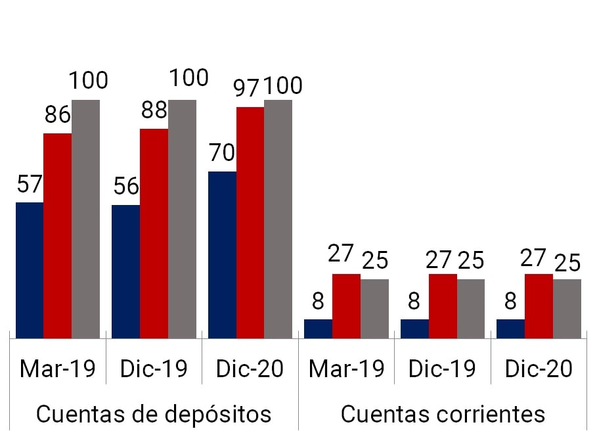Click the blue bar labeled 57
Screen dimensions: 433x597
point(30,270)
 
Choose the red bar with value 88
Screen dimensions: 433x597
point(154,233)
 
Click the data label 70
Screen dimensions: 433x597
point(222,153)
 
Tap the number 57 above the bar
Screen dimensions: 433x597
point(30,184)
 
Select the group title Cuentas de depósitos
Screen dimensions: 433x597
point(154,414)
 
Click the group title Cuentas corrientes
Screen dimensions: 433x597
point(443,414)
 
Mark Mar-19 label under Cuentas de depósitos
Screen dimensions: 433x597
point(58,369)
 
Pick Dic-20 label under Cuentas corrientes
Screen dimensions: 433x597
point(539,369)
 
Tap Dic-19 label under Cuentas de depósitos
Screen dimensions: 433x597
point(154,369)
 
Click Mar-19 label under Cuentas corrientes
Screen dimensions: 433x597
point(347,369)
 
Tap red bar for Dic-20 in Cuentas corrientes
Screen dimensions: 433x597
point(539,306)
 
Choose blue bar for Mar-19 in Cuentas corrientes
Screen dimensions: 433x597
point(318,329)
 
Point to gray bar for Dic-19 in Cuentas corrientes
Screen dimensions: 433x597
point(471,309)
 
